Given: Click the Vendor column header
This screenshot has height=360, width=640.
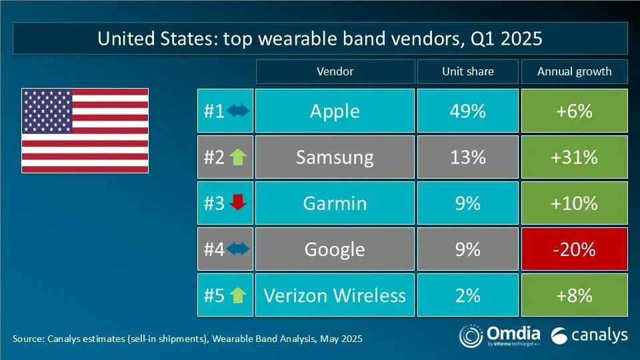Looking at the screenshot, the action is coord(335,71).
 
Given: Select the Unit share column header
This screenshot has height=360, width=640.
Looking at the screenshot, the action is coord(468,71).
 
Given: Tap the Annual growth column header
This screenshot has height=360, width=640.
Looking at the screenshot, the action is coord(574,71).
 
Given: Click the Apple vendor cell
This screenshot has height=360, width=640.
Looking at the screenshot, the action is coord(335,111).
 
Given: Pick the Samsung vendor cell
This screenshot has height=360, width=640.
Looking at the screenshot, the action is coord(335,157).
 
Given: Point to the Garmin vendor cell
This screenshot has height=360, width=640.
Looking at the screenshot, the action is coord(335,203).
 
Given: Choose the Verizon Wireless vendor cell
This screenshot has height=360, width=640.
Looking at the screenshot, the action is coord(335,295).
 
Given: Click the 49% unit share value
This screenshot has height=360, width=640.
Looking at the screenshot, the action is coord(468,111).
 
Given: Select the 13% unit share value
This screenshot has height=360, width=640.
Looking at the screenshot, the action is coord(468,157).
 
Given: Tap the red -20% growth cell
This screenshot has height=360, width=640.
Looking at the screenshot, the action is coord(574,249).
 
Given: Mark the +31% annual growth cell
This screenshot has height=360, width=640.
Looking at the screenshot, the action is coord(574,157).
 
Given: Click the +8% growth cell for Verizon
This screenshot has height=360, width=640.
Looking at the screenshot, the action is coord(574,295).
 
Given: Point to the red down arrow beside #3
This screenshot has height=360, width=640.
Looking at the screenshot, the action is coord(237,203).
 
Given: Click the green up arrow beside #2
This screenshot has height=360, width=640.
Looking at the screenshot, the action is coord(237,157).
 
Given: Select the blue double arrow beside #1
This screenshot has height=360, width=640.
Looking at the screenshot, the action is coord(238,111).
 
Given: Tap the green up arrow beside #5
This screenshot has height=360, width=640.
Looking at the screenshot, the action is coord(237,295).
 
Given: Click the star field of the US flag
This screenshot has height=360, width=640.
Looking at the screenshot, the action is coord(47,111).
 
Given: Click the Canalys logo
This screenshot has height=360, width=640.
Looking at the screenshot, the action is coord(589,335).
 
